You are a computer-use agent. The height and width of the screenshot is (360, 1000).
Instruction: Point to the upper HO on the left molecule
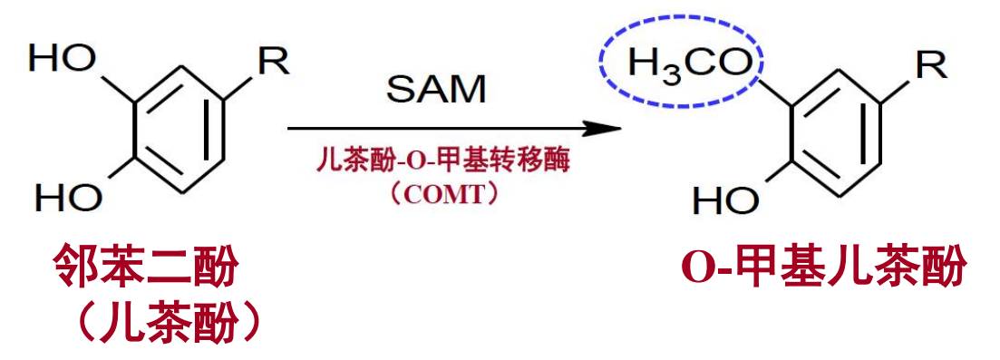tap(63, 60)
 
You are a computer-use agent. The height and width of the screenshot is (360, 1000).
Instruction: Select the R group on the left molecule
tap(273, 62)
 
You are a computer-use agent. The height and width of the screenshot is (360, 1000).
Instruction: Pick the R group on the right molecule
tap(930, 64)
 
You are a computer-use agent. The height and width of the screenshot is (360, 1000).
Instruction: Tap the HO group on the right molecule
tap(723, 199)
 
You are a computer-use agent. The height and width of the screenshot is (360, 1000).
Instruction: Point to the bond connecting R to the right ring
tap(897, 86)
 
